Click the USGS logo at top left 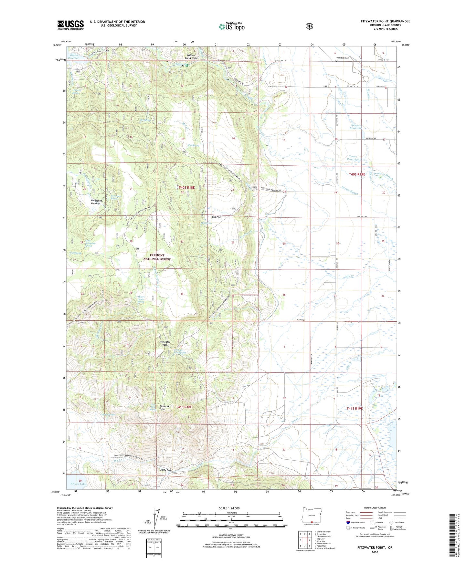(70, 25)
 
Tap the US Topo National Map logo (231, 26)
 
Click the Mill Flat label (216, 217)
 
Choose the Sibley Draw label (165, 470)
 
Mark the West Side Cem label (343, 58)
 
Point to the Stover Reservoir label (353, 158)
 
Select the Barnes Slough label (349, 192)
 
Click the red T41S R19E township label (355, 408)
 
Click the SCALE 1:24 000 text (229, 508)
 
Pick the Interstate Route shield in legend (348, 522)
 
